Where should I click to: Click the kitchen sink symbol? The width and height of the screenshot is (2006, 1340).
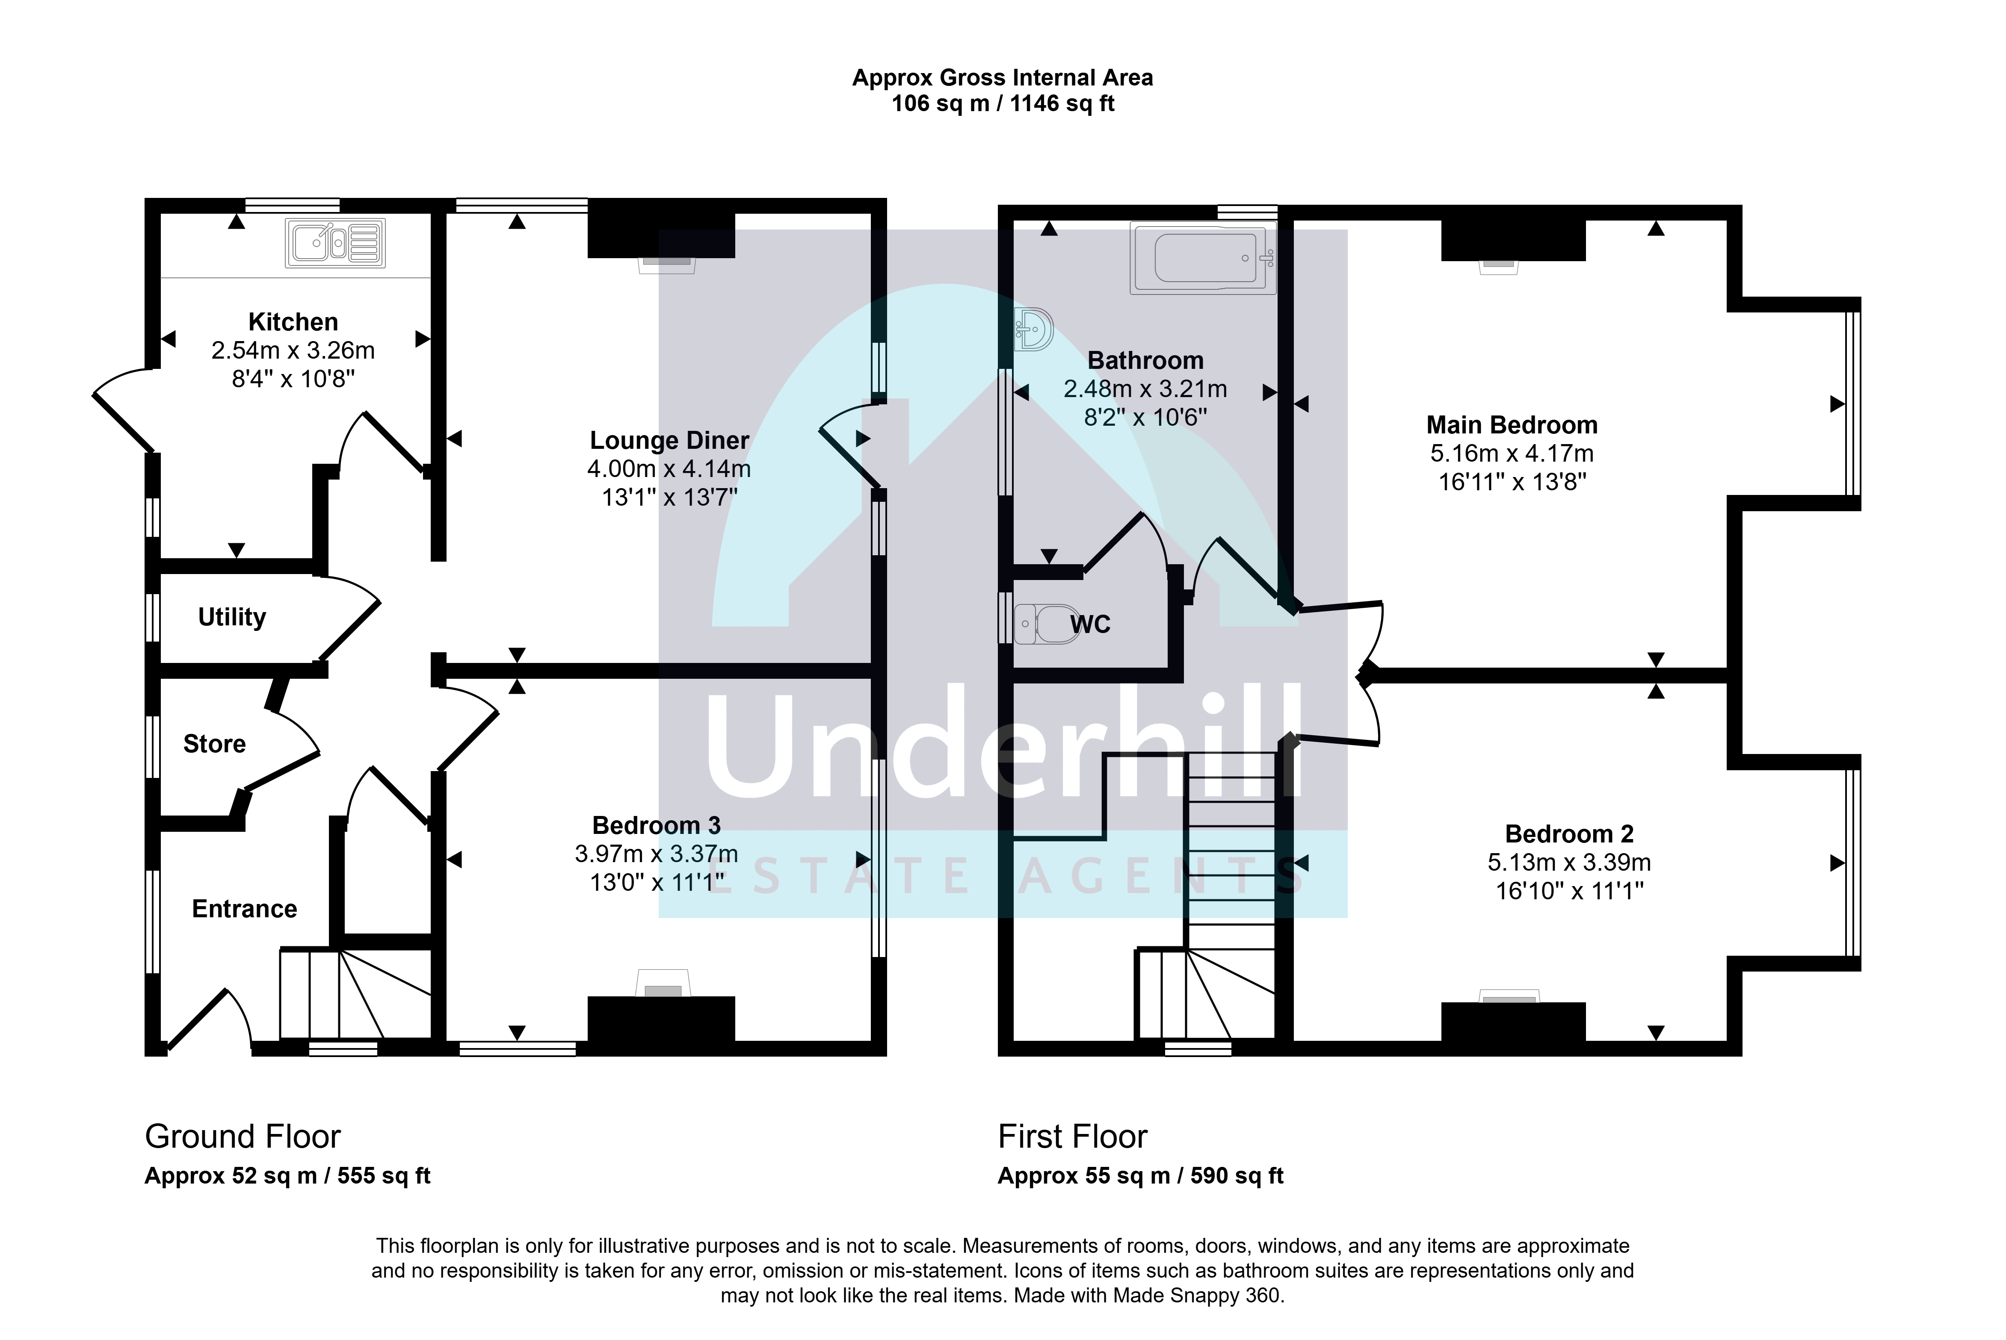[x=335, y=244]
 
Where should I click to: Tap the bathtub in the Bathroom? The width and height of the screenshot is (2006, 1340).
[x=1202, y=258]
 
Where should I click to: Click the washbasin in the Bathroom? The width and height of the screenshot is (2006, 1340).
[x=1033, y=330]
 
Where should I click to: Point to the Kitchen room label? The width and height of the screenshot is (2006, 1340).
[x=293, y=322]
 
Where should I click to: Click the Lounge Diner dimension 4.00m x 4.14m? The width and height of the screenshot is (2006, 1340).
[x=669, y=469]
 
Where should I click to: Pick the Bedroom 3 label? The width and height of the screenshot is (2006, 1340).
[x=657, y=825]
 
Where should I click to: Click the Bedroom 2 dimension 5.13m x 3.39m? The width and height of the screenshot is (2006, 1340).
[x=1569, y=862]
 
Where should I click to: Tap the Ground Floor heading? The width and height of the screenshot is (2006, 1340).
[x=243, y=1137]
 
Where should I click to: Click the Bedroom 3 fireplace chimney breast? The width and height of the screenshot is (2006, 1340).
[x=661, y=1019]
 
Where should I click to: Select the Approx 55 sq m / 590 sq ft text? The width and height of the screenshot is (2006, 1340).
[x=1141, y=1176]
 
